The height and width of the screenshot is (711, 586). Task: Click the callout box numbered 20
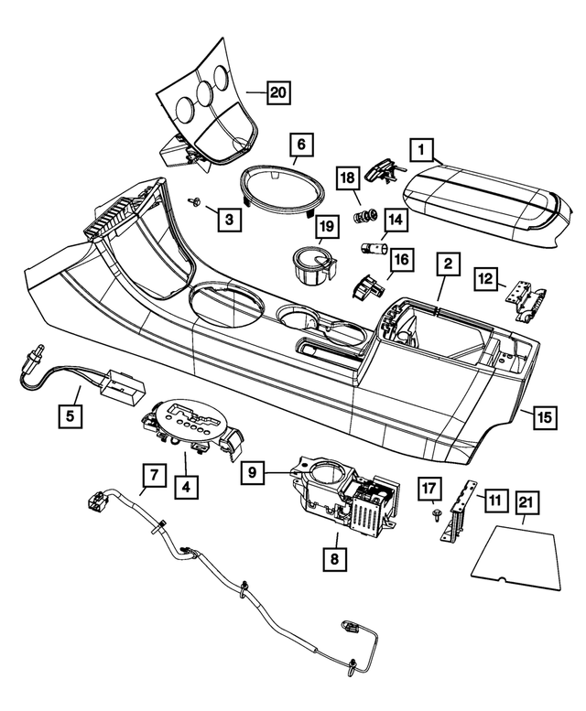tap(277, 92)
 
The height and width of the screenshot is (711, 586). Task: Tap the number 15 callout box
tap(544, 417)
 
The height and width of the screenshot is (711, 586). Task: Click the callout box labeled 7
tap(154, 476)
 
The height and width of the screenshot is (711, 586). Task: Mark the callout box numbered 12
tap(486, 278)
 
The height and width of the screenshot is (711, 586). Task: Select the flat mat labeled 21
tap(517, 554)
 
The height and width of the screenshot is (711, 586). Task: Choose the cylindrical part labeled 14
tap(372, 247)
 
